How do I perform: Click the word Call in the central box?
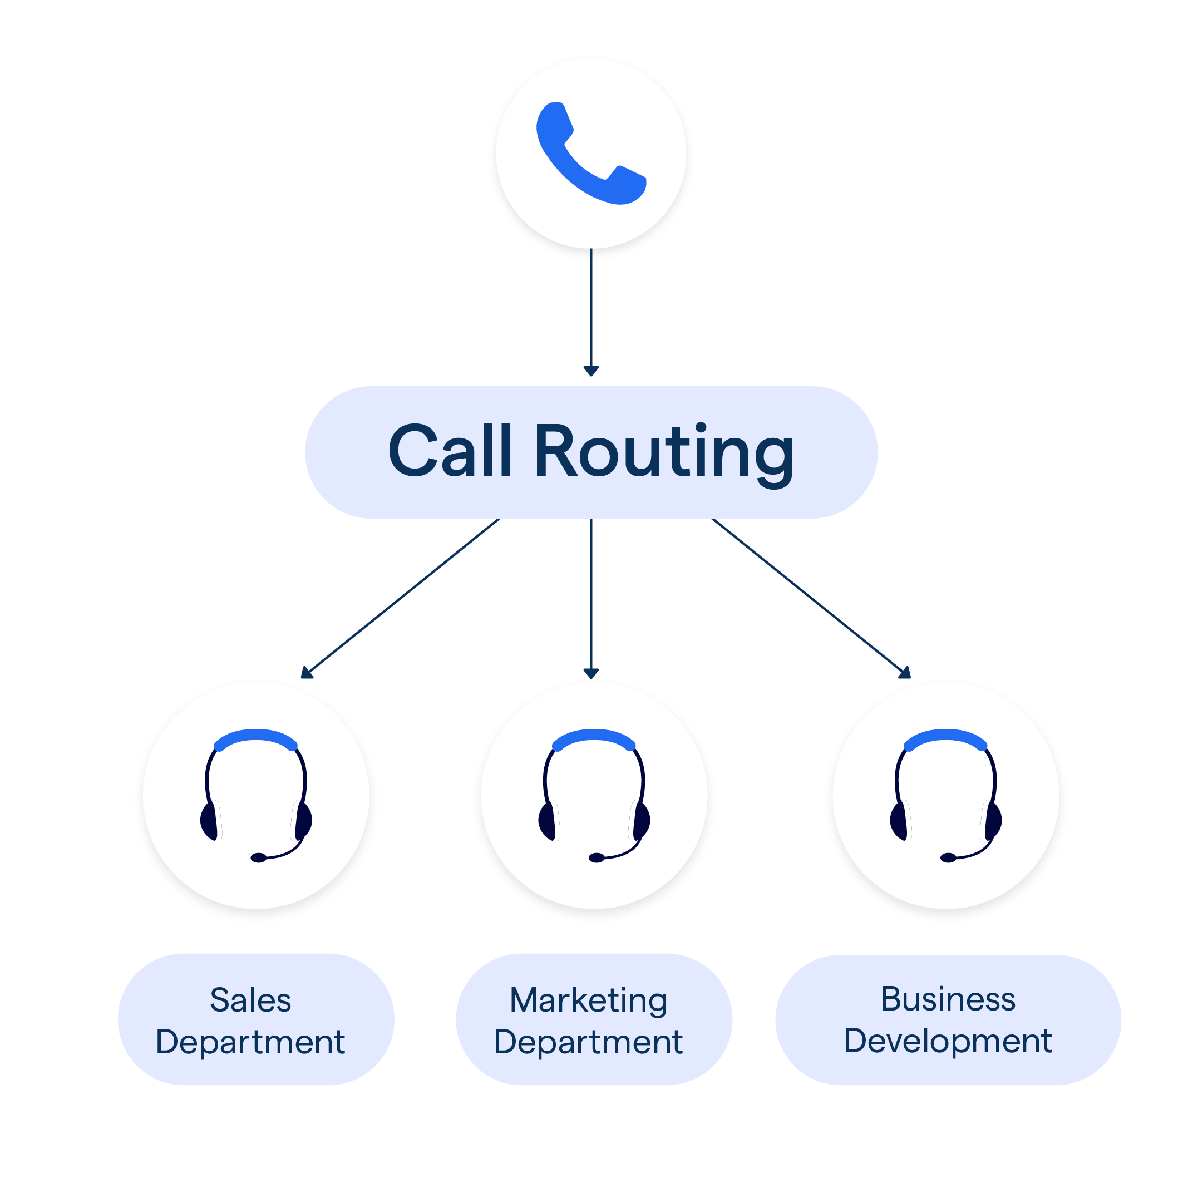tap(450, 452)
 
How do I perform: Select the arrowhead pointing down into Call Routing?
tap(591, 371)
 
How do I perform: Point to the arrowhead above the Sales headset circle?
tap(307, 673)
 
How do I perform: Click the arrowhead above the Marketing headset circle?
tap(591, 673)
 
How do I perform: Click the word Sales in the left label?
tap(250, 1000)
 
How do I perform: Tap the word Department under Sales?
tap(250, 1042)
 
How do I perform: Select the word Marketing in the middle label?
tap(588, 1000)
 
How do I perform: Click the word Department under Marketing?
tap(588, 1042)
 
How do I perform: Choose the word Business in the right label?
tap(948, 999)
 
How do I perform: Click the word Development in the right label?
tap(948, 1041)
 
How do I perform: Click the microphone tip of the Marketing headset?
tap(597, 858)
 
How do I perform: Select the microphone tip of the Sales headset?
tap(258, 858)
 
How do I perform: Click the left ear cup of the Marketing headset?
tap(548, 821)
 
